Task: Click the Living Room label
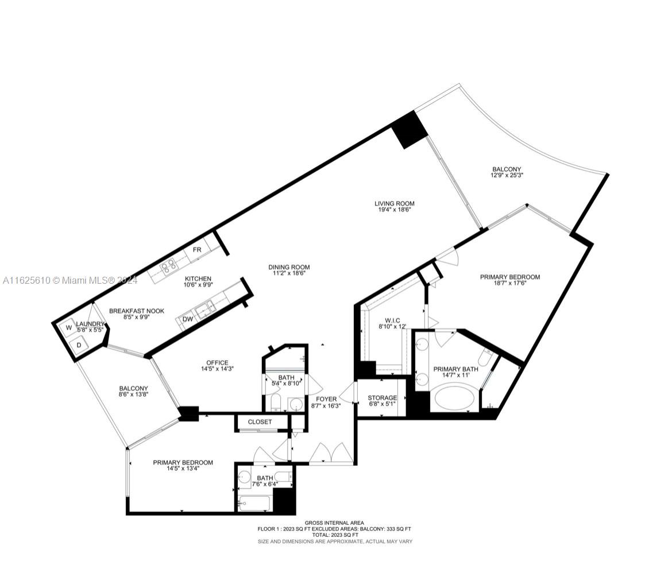point(395,204)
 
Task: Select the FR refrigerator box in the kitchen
point(197,249)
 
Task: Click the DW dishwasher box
point(188,319)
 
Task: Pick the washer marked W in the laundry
point(69,328)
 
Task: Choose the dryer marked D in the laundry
point(79,345)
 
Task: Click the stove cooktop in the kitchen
point(168,267)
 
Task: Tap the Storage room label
point(383,398)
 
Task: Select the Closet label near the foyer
point(260,421)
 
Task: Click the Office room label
point(218,362)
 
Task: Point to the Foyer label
point(326,399)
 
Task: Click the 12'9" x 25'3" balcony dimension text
point(507,175)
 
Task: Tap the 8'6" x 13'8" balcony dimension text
point(134,394)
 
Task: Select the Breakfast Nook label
point(137,311)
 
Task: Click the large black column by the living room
point(410,129)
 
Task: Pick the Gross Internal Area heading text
point(334,523)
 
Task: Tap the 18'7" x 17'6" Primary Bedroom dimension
point(510,283)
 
